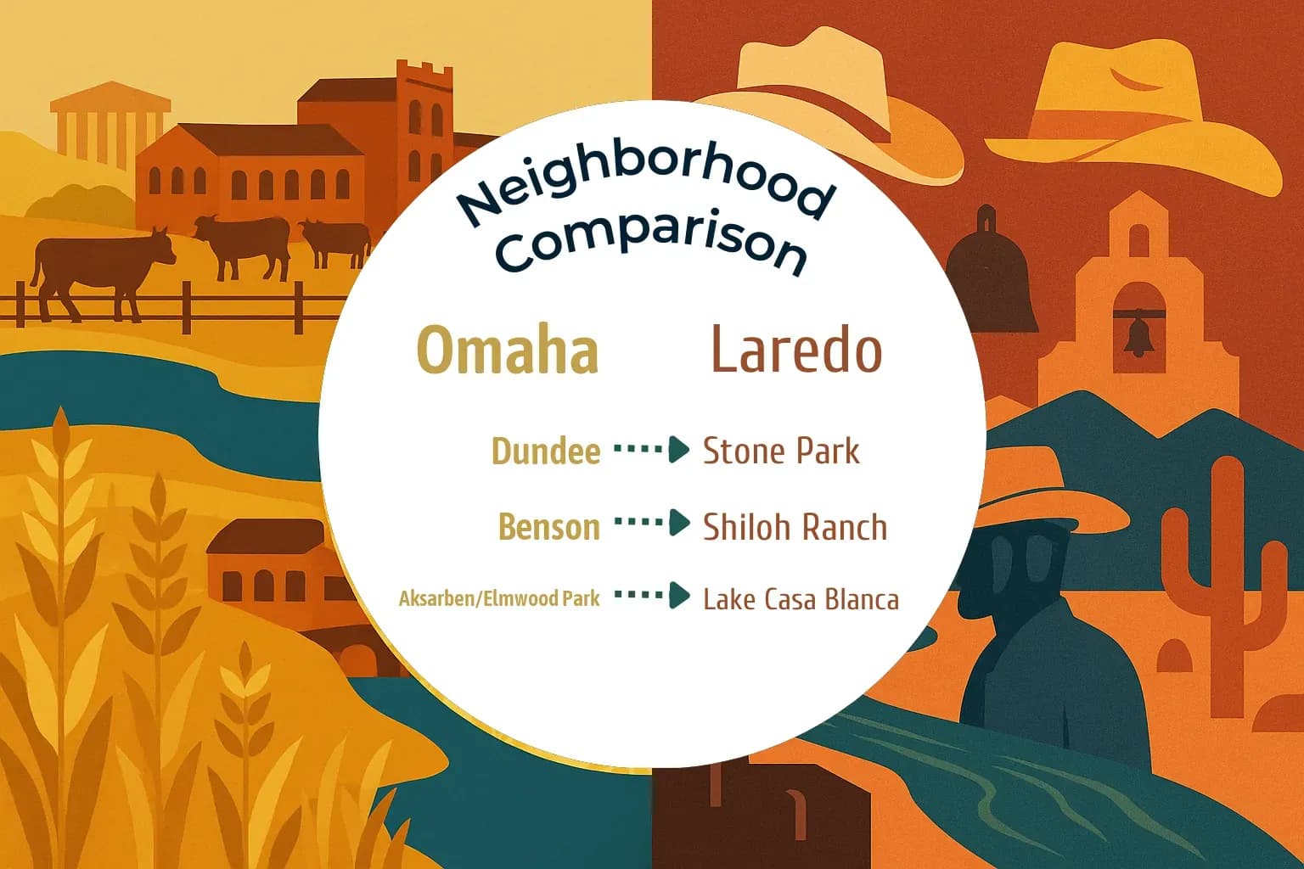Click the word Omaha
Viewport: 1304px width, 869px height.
coord(508,350)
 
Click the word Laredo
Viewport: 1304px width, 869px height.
coord(795,350)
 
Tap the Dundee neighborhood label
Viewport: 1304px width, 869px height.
coord(546,451)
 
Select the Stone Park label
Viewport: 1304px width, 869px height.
coord(781,451)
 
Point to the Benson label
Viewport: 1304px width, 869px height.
coord(548,527)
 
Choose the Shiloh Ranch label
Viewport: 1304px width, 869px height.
coord(795,527)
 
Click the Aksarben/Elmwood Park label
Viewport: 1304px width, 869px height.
coord(499,598)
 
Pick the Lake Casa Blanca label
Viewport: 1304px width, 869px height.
coord(801,599)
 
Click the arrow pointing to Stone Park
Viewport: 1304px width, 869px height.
coord(652,450)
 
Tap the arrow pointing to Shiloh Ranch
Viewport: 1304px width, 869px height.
coord(652,523)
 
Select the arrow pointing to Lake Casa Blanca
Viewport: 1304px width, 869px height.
coord(652,596)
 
